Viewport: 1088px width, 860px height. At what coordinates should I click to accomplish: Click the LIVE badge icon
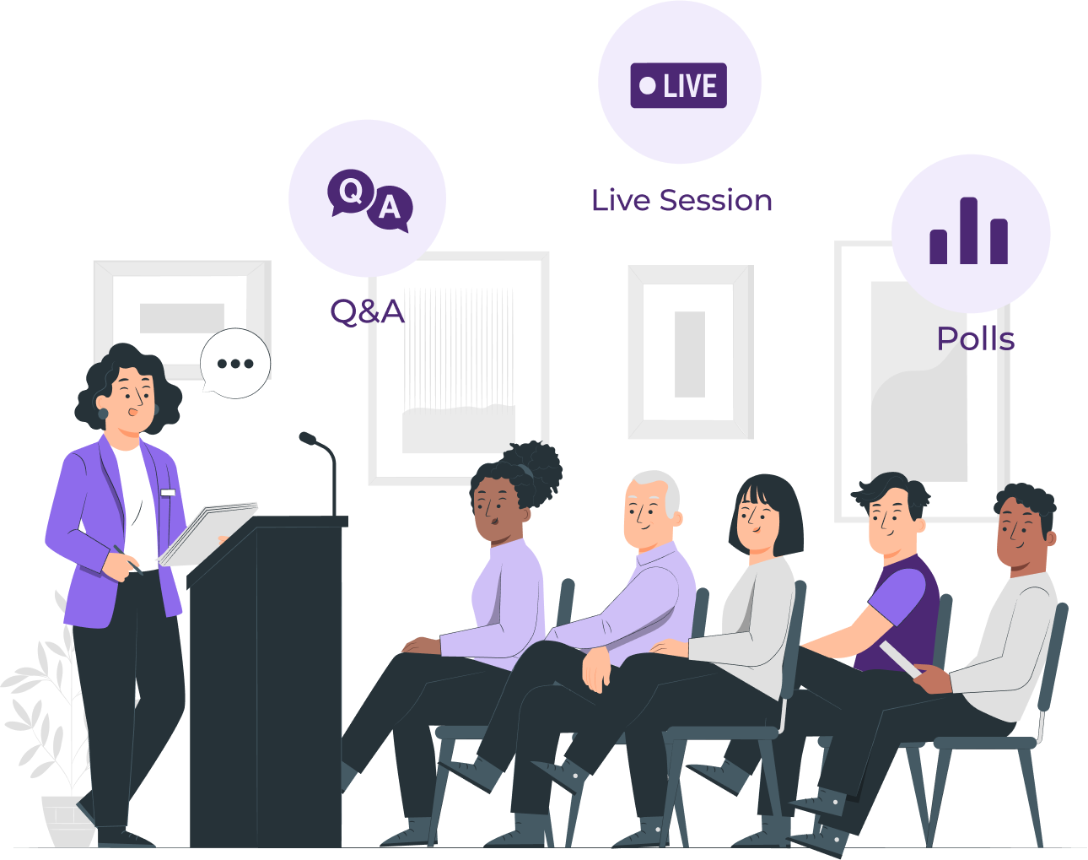click(x=679, y=85)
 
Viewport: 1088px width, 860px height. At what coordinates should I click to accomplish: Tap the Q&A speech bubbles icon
click(x=369, y=200)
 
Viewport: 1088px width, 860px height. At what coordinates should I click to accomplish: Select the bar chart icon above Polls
click(x=968, y=232)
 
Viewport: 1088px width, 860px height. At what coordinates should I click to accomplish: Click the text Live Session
click(x=681, y=201)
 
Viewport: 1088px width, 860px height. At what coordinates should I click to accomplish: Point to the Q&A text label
click(x=367, y=311)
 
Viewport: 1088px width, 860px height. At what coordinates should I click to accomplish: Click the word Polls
click(x=975, y=339)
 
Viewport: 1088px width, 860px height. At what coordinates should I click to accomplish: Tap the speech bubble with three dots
click(x=235, y=364)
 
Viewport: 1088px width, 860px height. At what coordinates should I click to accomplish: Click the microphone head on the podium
click(x=307, y=437)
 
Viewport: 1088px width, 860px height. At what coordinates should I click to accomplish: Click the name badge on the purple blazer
click(x=167, y=493)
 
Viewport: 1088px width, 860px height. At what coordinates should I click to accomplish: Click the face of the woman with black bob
click(x=757, y=518)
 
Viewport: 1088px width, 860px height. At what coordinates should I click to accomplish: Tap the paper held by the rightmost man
click(x=900, y=658)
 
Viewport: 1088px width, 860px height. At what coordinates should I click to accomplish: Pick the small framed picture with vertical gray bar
click(x=690, y=353)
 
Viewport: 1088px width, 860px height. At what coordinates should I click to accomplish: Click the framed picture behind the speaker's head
click(x=181, y=312)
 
